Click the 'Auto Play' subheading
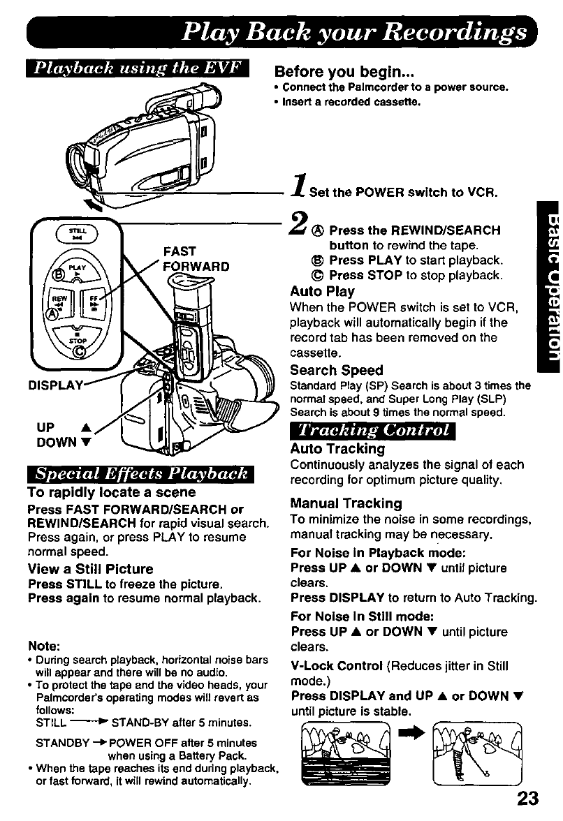pos(322,291)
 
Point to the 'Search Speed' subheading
pos(336,370)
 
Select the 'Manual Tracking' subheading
pos(346,503)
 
